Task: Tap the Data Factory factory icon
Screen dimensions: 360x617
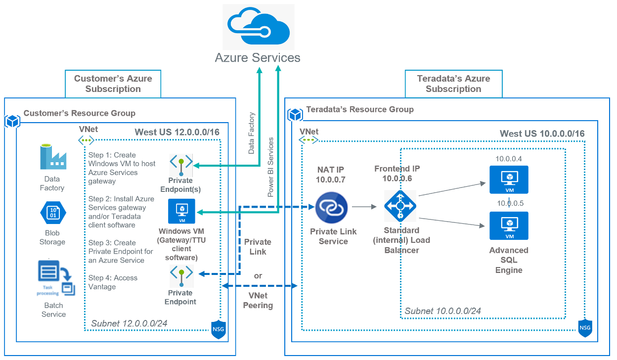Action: pos(52,157)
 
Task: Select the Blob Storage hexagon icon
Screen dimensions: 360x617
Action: pos(52,213)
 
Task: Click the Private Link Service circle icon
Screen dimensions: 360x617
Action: pos(332,208)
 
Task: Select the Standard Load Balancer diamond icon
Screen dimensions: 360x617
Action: pos(400,206)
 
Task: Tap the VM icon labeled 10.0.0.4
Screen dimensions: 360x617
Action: pos(508,180)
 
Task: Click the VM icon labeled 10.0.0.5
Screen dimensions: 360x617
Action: pos(508,226)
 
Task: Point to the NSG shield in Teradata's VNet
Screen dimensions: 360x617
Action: pos(585,327)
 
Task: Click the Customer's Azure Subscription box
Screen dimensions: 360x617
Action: pos(113,84)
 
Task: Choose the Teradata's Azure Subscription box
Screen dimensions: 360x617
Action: pos(453,84)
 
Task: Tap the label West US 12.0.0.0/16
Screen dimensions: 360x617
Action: pos(177,132)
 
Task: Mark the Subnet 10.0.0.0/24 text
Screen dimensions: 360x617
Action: pos(442,311)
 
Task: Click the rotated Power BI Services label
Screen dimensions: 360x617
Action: pos(271,167)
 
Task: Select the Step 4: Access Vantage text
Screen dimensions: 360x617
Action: pos(113,282)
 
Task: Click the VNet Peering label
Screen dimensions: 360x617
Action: pos(258,300)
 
